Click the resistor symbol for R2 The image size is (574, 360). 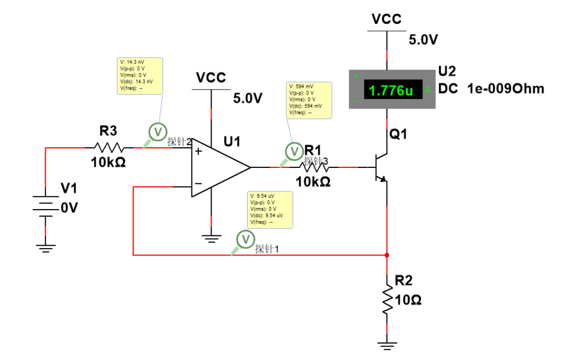[387, 299]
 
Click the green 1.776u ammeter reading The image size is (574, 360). [391, 91]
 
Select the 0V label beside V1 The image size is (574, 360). [69, 208]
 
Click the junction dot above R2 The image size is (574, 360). [387, 255]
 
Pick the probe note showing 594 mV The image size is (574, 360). [308, 99]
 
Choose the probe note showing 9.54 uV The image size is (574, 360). [270, 209]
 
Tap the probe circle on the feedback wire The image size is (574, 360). [246, 239]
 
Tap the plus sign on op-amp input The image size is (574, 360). [198, 152]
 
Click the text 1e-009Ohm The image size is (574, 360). [506, 89]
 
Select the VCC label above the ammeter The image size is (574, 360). [387, 19]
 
